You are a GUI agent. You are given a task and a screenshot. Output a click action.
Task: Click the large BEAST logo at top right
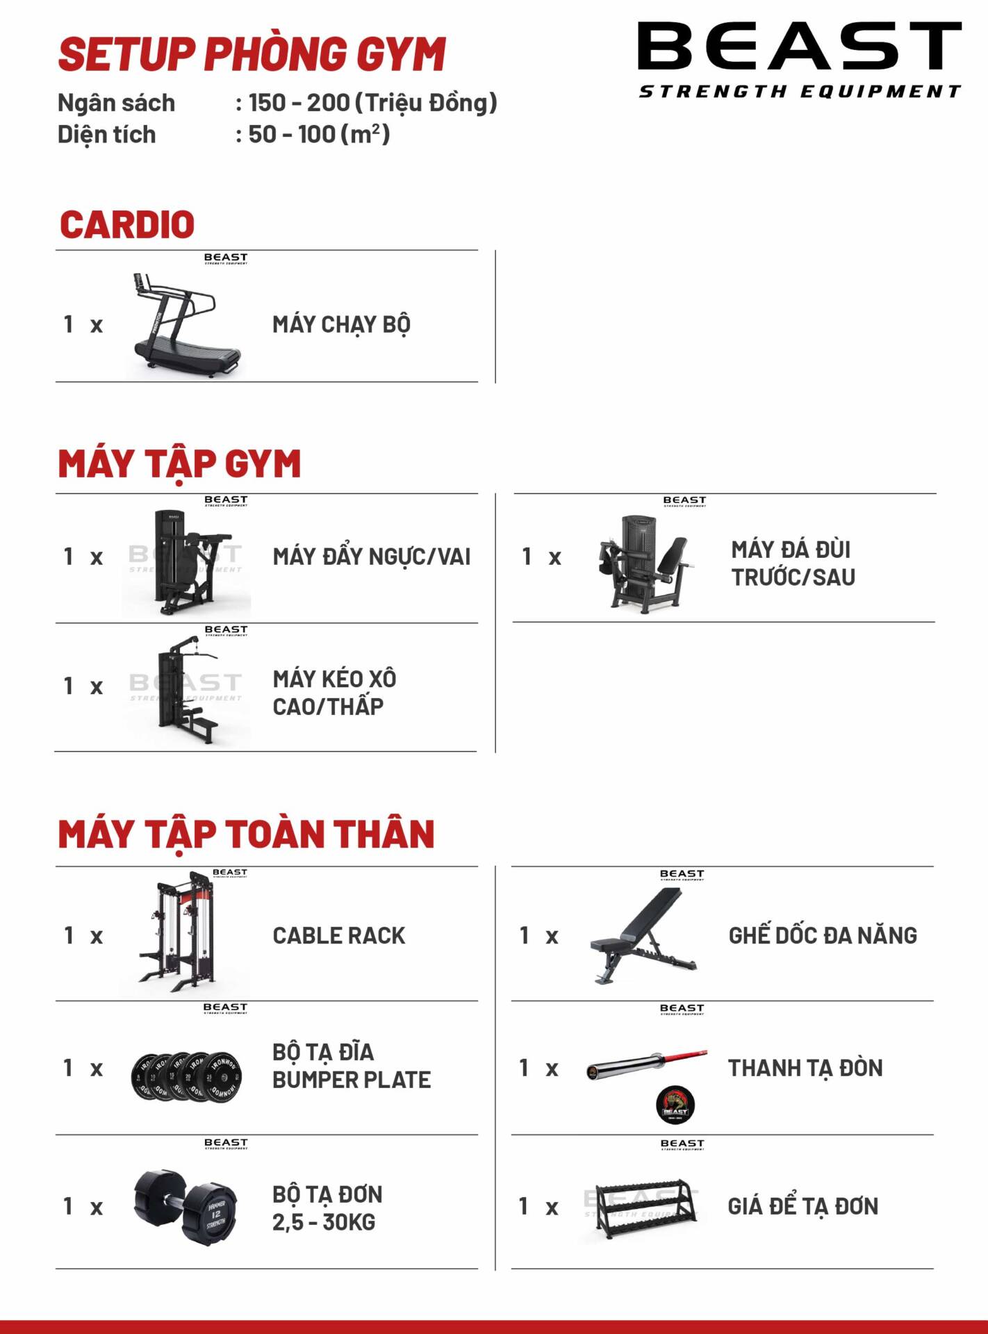tap(799, 59)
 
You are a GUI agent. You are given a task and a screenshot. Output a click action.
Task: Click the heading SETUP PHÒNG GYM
tap(252, 55)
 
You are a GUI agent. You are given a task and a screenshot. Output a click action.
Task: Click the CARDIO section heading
tap(127, 224)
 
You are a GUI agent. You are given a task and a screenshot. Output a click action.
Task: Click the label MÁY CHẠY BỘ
tap(341, 324)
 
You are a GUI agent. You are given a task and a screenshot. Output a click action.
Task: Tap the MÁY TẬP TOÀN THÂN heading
tap(246, 834)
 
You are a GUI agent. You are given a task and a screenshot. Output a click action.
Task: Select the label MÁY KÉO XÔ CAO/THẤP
tap(334, 692)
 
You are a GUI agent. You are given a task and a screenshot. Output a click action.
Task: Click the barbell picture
tap(646, 1064)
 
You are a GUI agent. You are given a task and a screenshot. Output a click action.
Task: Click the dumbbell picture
tap(186, 1208)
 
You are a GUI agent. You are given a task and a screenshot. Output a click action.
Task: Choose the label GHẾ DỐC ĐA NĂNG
tap(823, 935)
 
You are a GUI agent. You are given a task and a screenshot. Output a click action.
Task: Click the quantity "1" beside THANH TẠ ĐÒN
tap(525, 1067)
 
